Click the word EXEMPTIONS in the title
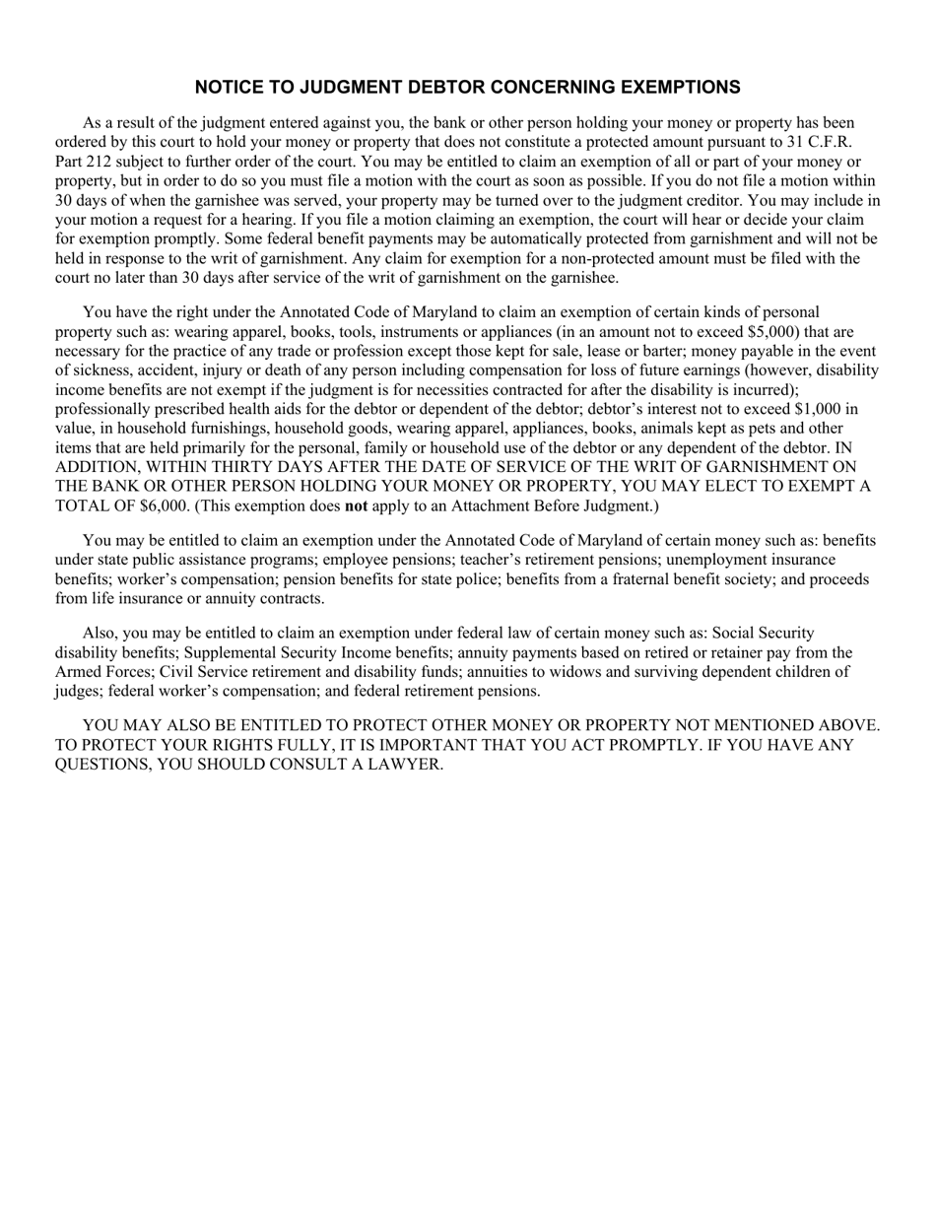click(x=675, y=88)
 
